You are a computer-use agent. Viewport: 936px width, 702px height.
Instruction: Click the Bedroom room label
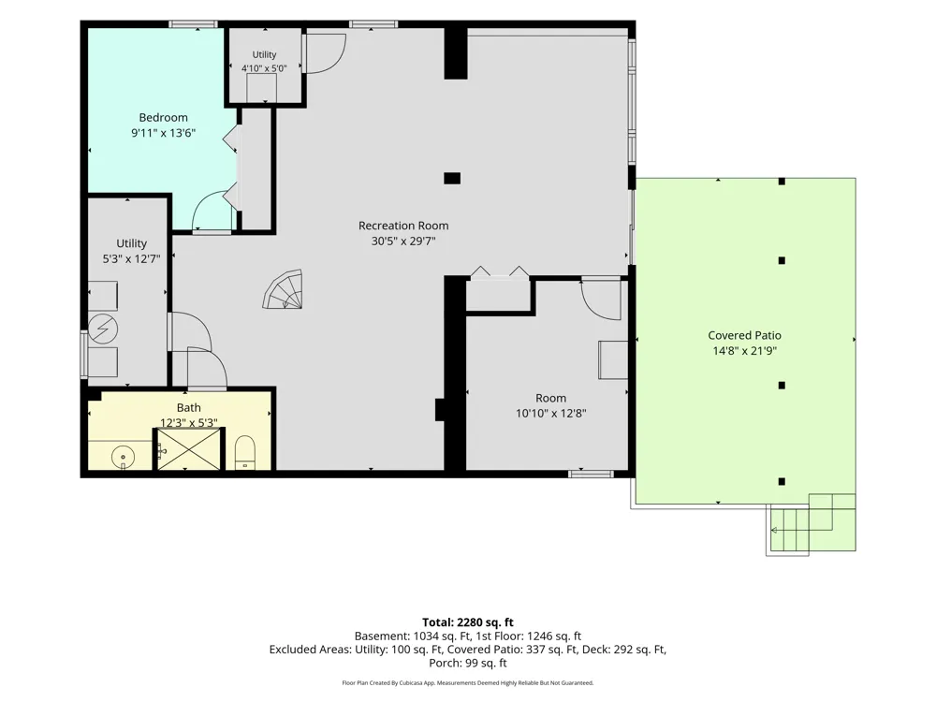(x=163, y=118)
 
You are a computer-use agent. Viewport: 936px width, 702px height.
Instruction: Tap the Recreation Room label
(x=403, y=226)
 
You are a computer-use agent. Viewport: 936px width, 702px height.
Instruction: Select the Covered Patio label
(x=744, y=335)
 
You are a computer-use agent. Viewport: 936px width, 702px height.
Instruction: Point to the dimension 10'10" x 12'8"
(x=551, y=413)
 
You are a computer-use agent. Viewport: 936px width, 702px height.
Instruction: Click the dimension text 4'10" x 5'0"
(x=264, y=68)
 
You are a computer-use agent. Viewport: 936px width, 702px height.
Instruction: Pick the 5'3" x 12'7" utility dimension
(x=131, y=259)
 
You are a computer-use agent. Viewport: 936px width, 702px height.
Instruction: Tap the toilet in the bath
(x=244, y=452)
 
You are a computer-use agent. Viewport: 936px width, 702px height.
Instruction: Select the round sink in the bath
(x=124, y=458)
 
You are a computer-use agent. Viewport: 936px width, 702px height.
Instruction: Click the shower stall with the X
(x=189, y=449)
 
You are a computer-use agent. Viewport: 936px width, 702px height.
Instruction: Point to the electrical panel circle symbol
(x=103, y=329)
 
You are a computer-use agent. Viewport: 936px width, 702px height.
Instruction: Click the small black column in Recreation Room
(x=452, y=178)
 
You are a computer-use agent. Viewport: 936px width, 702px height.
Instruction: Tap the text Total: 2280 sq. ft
(x=468, y=622)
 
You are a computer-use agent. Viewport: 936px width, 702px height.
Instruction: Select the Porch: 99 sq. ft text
(x=468, y=663)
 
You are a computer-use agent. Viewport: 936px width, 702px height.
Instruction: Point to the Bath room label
(x=189, y=408)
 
